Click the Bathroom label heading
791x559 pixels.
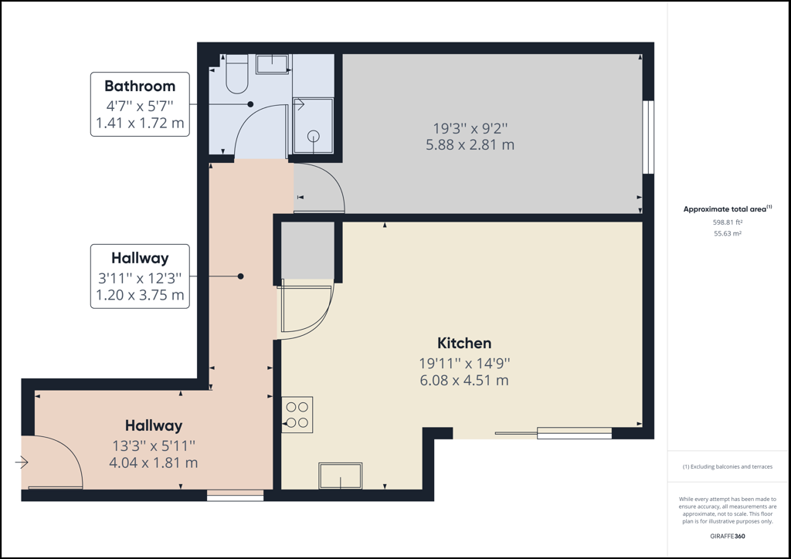pyautogui.click(x=140, y=86)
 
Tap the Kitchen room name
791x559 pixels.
pyautogui.click(x=464, y=344)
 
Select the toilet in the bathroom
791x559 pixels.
pyautogui.click(x=236, y=74)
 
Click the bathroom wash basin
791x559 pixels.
pyautogui.click(x=273, y=65)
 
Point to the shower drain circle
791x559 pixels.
pyautogui.click(x=314, y=136)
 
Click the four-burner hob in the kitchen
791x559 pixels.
pyautogui.click(x=297, y=415)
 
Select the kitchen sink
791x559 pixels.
pyautogui.click(x=341, y=476)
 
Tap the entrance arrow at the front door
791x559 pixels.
pyautogui.click(x=22, y=462)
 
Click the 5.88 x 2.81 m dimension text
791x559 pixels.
pyautogui.click(x=470, y=145)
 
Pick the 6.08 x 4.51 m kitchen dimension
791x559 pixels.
pyautogui.click(x=464, y=380)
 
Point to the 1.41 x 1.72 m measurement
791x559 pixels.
pyautogui.click(x=140, y=123)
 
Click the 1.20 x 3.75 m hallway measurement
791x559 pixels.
pyautogui.click(x=140, y=295)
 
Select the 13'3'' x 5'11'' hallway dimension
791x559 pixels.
pyautogui.click(x=154, y=446)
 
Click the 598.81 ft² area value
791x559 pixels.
pyautogui.click(x=728, y=222)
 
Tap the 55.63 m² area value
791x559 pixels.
pyautogui.click(x=728, y=233)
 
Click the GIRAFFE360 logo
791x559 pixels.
pyautogui.click(x=728, y=537)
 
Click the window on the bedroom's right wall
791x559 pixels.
pyautogui.click(x=648, y=137)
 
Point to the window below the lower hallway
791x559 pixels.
pyautogui.click(x=235, y=496)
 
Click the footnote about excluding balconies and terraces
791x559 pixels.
pyautogui.click(x=728, y=467)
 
